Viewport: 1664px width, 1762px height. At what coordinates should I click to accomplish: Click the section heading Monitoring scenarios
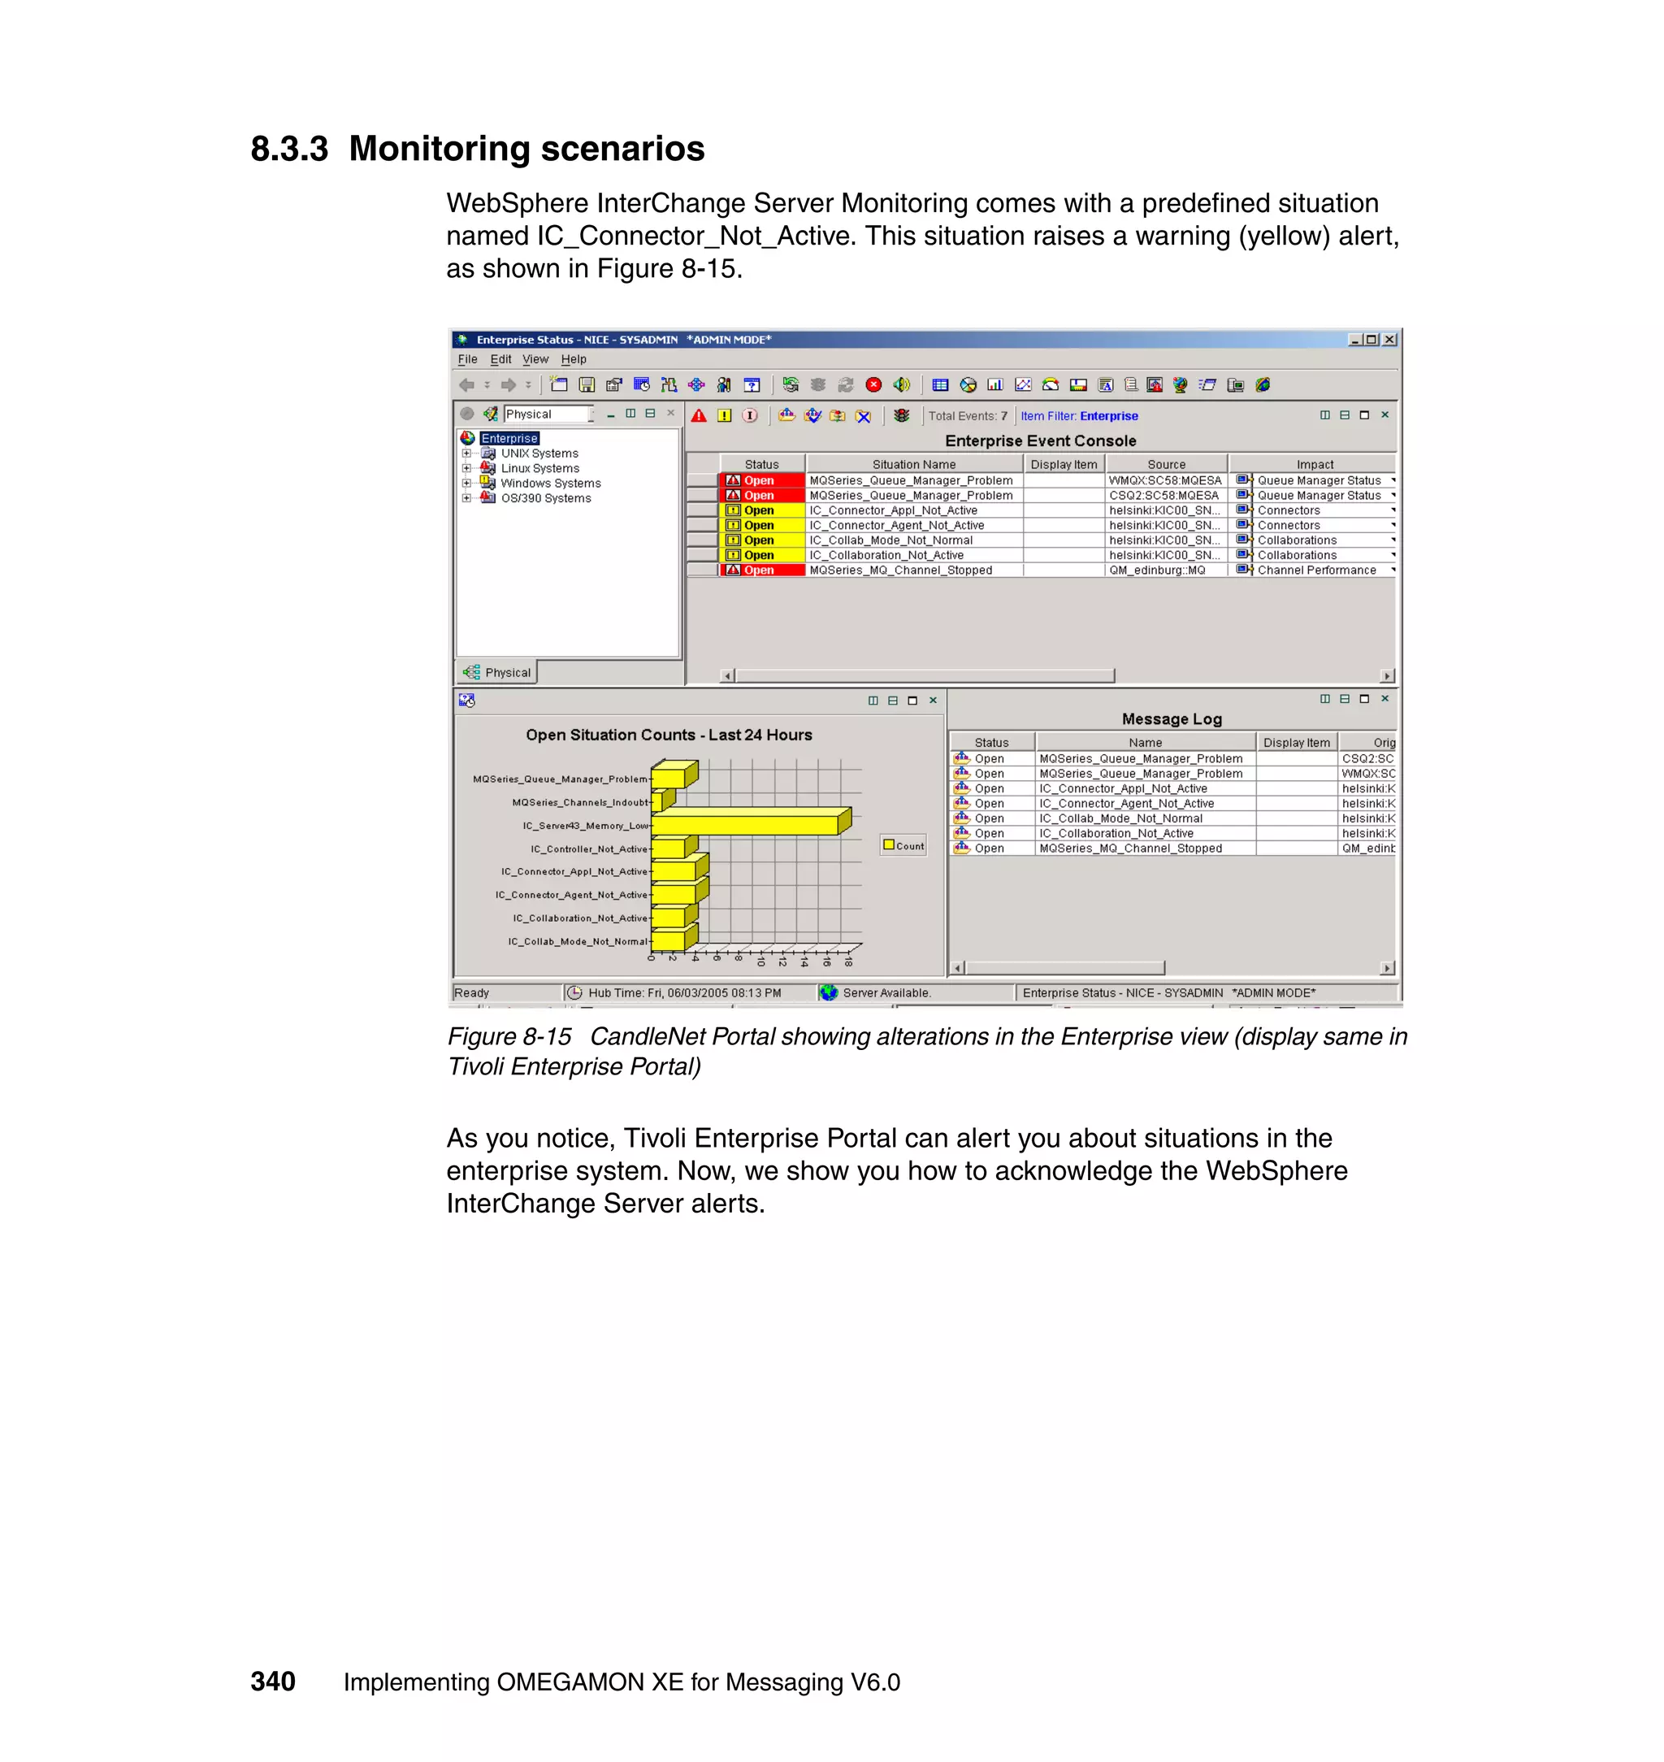pyautogui.click(x=526, y=148)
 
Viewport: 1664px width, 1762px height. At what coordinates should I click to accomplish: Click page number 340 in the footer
pyautogui.click(x=272, y=1682)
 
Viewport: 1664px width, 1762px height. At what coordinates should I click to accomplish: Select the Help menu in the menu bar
pyautogui.click(x=573, y=359)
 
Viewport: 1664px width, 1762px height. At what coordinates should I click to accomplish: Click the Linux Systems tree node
pyautogui.click(x=539, y=468)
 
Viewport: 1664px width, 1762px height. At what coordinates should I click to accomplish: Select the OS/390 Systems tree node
pyautogui.click(x=545, y=499)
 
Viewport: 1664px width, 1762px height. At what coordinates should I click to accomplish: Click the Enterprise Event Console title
pyautogui.click(x=1039, y=441)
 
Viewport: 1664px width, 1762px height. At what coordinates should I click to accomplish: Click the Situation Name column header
pyautogui.click(x=913, y=464)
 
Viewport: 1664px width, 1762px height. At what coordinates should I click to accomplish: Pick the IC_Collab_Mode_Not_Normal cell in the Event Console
pyautogui.click(x=890, y=540)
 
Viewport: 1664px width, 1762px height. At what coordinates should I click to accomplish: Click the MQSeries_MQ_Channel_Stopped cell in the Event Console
pyautogui.click(x=900, y=571)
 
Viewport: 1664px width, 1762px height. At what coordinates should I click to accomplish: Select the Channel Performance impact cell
pyautogui.click(x=1316, y=571)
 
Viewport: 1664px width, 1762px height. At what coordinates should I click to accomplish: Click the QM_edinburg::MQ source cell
pyautogui.click(x=1157, y=571)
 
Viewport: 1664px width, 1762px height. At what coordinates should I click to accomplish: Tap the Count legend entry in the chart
pyautogui.click(x=903, y=845)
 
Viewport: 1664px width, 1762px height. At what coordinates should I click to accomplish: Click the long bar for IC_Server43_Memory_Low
pyautogui.click(x=749, y=824)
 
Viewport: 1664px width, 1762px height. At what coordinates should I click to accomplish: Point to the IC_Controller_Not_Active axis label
pyautogui.click(x=589, y=849)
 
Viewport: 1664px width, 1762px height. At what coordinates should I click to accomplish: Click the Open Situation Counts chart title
pyautogui.click(x=668, y=735)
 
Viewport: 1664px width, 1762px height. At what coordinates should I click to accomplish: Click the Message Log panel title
pyautogui.click(x=1171, y=718)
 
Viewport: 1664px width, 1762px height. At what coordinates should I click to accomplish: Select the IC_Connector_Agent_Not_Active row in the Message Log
pyautogui.click(x=1126, y=804)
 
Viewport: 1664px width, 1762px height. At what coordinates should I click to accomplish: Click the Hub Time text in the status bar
pyautogui.click(x=684, y=993)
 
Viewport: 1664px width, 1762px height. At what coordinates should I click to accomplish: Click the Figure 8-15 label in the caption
pyautogui.click(x=509, y=1036)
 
